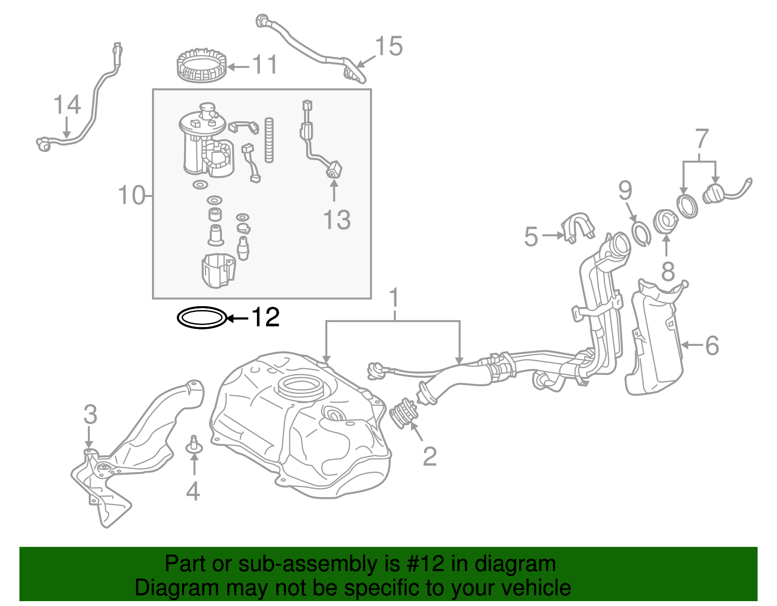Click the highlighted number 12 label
[265, 318]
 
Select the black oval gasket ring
[202, 318]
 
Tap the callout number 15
[388, 47]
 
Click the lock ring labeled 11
[201, 67]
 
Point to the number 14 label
[67, 105]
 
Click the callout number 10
[132, 196]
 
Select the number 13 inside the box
[337, 220]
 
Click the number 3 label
[90, 415]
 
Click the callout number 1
[394, 298]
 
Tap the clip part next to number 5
[578, 226]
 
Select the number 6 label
[711, 345]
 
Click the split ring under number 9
[641, 233]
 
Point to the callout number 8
[668, 272]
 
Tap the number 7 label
[702, 139]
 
